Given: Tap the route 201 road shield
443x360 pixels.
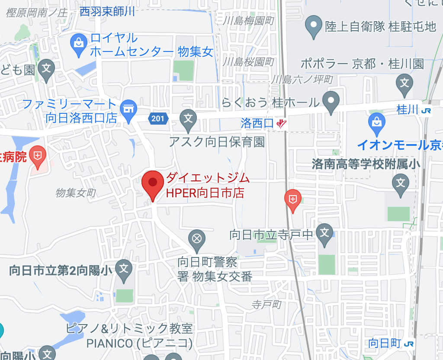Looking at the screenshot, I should point(157,118).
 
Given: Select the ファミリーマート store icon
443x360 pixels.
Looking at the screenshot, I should point(128,108).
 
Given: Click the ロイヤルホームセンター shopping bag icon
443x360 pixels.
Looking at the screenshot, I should point(79,44).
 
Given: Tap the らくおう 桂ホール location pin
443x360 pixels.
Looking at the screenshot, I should point(331,101).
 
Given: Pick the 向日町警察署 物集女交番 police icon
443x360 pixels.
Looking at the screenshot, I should point(197,239).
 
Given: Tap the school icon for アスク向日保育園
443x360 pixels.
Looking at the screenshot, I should point(188,118).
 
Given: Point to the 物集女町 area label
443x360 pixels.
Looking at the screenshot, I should point(75,193).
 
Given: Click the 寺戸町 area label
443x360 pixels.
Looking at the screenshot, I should point(266,305).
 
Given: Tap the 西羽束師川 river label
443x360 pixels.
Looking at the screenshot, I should point(107,12).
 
